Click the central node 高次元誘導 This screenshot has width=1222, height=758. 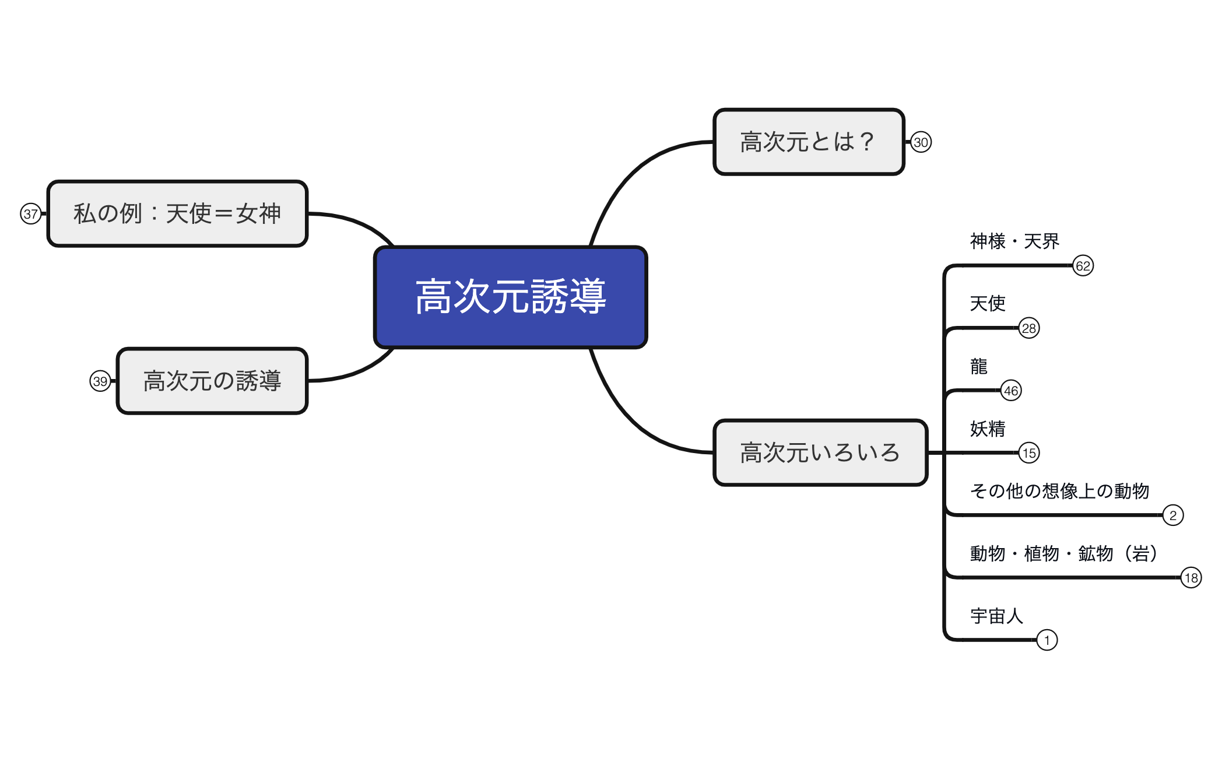coord(511,297)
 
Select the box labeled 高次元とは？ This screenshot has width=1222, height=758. coord(809,142)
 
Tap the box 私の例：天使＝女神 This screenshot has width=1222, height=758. coord(177,213)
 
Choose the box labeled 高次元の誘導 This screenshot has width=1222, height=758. coord(212,381)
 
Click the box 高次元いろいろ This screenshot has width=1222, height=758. coord(820,452)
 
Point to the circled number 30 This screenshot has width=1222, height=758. coord(921,142)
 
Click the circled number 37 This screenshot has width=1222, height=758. coord(31,214)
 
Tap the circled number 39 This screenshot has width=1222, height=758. coord(100,381)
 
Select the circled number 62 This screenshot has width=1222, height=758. coord(1083,266)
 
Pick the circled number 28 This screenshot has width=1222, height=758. coord(1029,328)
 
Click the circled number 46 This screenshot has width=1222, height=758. coord(1011,391)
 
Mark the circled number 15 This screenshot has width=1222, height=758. coord(1029,453)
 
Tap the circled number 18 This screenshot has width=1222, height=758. coord(1191,578)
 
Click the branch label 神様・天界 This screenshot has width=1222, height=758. coord(1014,241)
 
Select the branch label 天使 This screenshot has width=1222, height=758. coord(988,303)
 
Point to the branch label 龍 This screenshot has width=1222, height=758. coord(979,366)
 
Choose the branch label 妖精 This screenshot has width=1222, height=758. coord(988,429)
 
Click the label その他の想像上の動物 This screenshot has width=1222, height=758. coord(1059,491)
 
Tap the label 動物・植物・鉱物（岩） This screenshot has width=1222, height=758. coord(1063,553)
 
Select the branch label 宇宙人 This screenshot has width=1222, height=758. coord(996,616)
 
